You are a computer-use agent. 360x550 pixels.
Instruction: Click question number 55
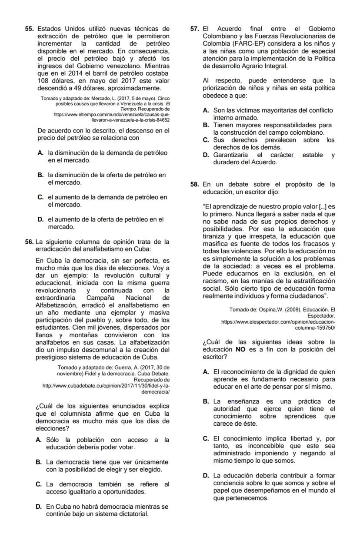click(x=29, y=29)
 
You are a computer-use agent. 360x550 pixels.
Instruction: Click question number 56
click(x=29, y=242)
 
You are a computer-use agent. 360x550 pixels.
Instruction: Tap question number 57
click(x=195, y=29)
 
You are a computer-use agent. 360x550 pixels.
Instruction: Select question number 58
click(x=195, y=184)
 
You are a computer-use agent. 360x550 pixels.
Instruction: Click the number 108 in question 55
click(x=43, y=81)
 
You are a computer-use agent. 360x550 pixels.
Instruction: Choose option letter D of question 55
click(x=40, y=220)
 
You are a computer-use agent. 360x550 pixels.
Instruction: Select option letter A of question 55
click(x=40, y=153)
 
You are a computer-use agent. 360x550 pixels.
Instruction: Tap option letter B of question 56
click(x=39, y=462)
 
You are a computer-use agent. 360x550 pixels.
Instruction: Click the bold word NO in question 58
click(x=240, y=349)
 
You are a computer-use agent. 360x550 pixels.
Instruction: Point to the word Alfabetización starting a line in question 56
click(x=55, y=305)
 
